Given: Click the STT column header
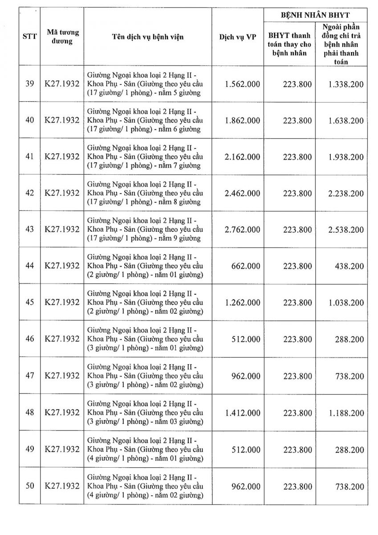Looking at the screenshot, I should pyautogui.click(x=29, y=37).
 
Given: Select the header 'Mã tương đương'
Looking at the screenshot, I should pyautogui.click(x=62, y=37).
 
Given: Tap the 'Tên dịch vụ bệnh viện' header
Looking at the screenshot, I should pyautogui.click(x=147, y=37).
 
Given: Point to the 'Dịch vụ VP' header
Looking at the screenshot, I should pyautogui.click(x=237, y=37).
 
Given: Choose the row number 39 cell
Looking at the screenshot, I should pyautogui.click(x=30, y=84).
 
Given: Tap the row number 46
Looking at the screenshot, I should pyautogui.click(x=30, y=339).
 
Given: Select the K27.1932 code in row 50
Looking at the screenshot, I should pyautogui.click(x=62, y=486).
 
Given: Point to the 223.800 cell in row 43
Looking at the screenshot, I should pyautogui.click(x=297, y=230).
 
